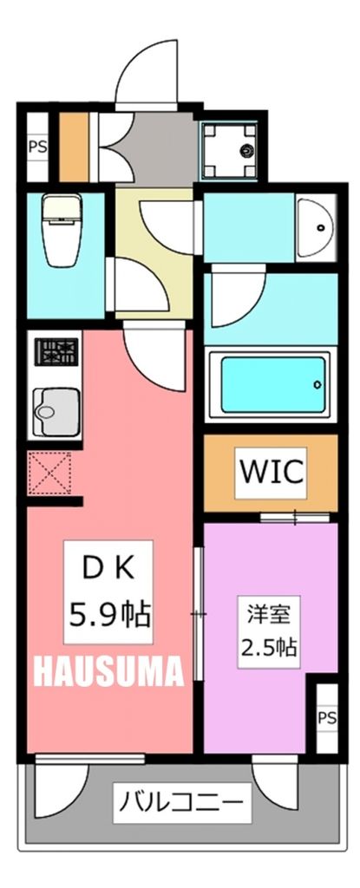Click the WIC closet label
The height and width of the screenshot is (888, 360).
coord(271,473)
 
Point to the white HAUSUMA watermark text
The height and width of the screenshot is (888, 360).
coord(109,670)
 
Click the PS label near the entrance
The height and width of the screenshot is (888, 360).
coord(37,146)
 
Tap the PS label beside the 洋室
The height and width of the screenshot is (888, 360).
coord(326,717)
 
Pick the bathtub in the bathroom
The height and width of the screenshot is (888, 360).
coord(272,384)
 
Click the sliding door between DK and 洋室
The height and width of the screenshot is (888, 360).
coord(199,614)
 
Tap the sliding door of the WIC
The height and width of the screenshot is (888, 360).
coord(295,519)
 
